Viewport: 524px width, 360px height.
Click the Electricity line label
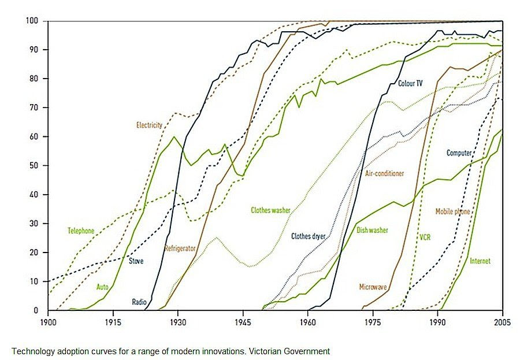click(149, 125)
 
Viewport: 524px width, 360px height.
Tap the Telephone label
click(81, 231)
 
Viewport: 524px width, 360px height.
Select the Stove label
click(136, 261)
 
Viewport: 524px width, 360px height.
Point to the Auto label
click(103, 286)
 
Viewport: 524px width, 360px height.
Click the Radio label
click(139, 302)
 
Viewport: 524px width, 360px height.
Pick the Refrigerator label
click(180, 248)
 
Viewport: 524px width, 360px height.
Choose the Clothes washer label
click(270, 210)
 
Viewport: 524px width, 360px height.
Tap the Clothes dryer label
click(309, 236)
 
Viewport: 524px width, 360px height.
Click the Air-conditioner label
click(384, 173)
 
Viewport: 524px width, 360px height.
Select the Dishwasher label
click(372, 231)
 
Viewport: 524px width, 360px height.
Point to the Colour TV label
click(410, 84)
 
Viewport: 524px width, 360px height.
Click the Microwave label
click(373, 287)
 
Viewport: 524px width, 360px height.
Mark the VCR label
click(425, 237)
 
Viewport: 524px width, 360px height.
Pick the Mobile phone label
click(452, 212)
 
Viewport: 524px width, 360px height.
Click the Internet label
click(480, 261)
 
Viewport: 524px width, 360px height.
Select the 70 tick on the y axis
click(34, 108)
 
